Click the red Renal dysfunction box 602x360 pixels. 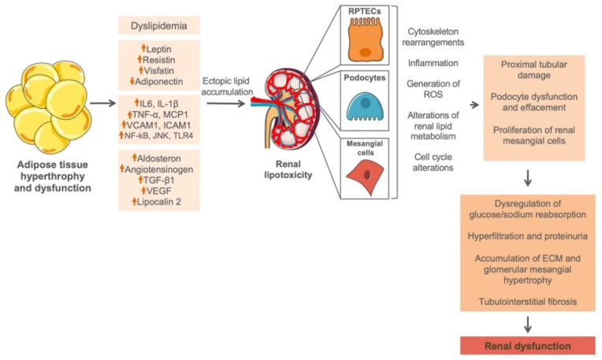click(527, 346)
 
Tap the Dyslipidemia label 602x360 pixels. click(159, 26)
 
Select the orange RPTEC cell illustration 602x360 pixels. click(366, 39)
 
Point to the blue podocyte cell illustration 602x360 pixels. click(365, 108)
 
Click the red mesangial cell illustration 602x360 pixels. click(365, 176)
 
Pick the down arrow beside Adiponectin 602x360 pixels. click(132, 81)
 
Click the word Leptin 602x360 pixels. click(159, 49)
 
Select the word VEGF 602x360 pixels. click(159, 191)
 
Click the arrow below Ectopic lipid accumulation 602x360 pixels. click(225, 103)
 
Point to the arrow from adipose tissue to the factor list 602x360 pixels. click(103, 103)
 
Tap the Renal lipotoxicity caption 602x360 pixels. click(288, 169)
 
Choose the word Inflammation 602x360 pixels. click(433, 63)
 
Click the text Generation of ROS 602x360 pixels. click(433, 89)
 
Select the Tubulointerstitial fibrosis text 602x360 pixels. click(527, 301)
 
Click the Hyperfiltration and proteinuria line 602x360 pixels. click(527, 236)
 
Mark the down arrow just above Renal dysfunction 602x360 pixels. click(528, 325)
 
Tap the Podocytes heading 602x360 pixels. click(365, 77)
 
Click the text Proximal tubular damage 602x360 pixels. click(534, 69)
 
